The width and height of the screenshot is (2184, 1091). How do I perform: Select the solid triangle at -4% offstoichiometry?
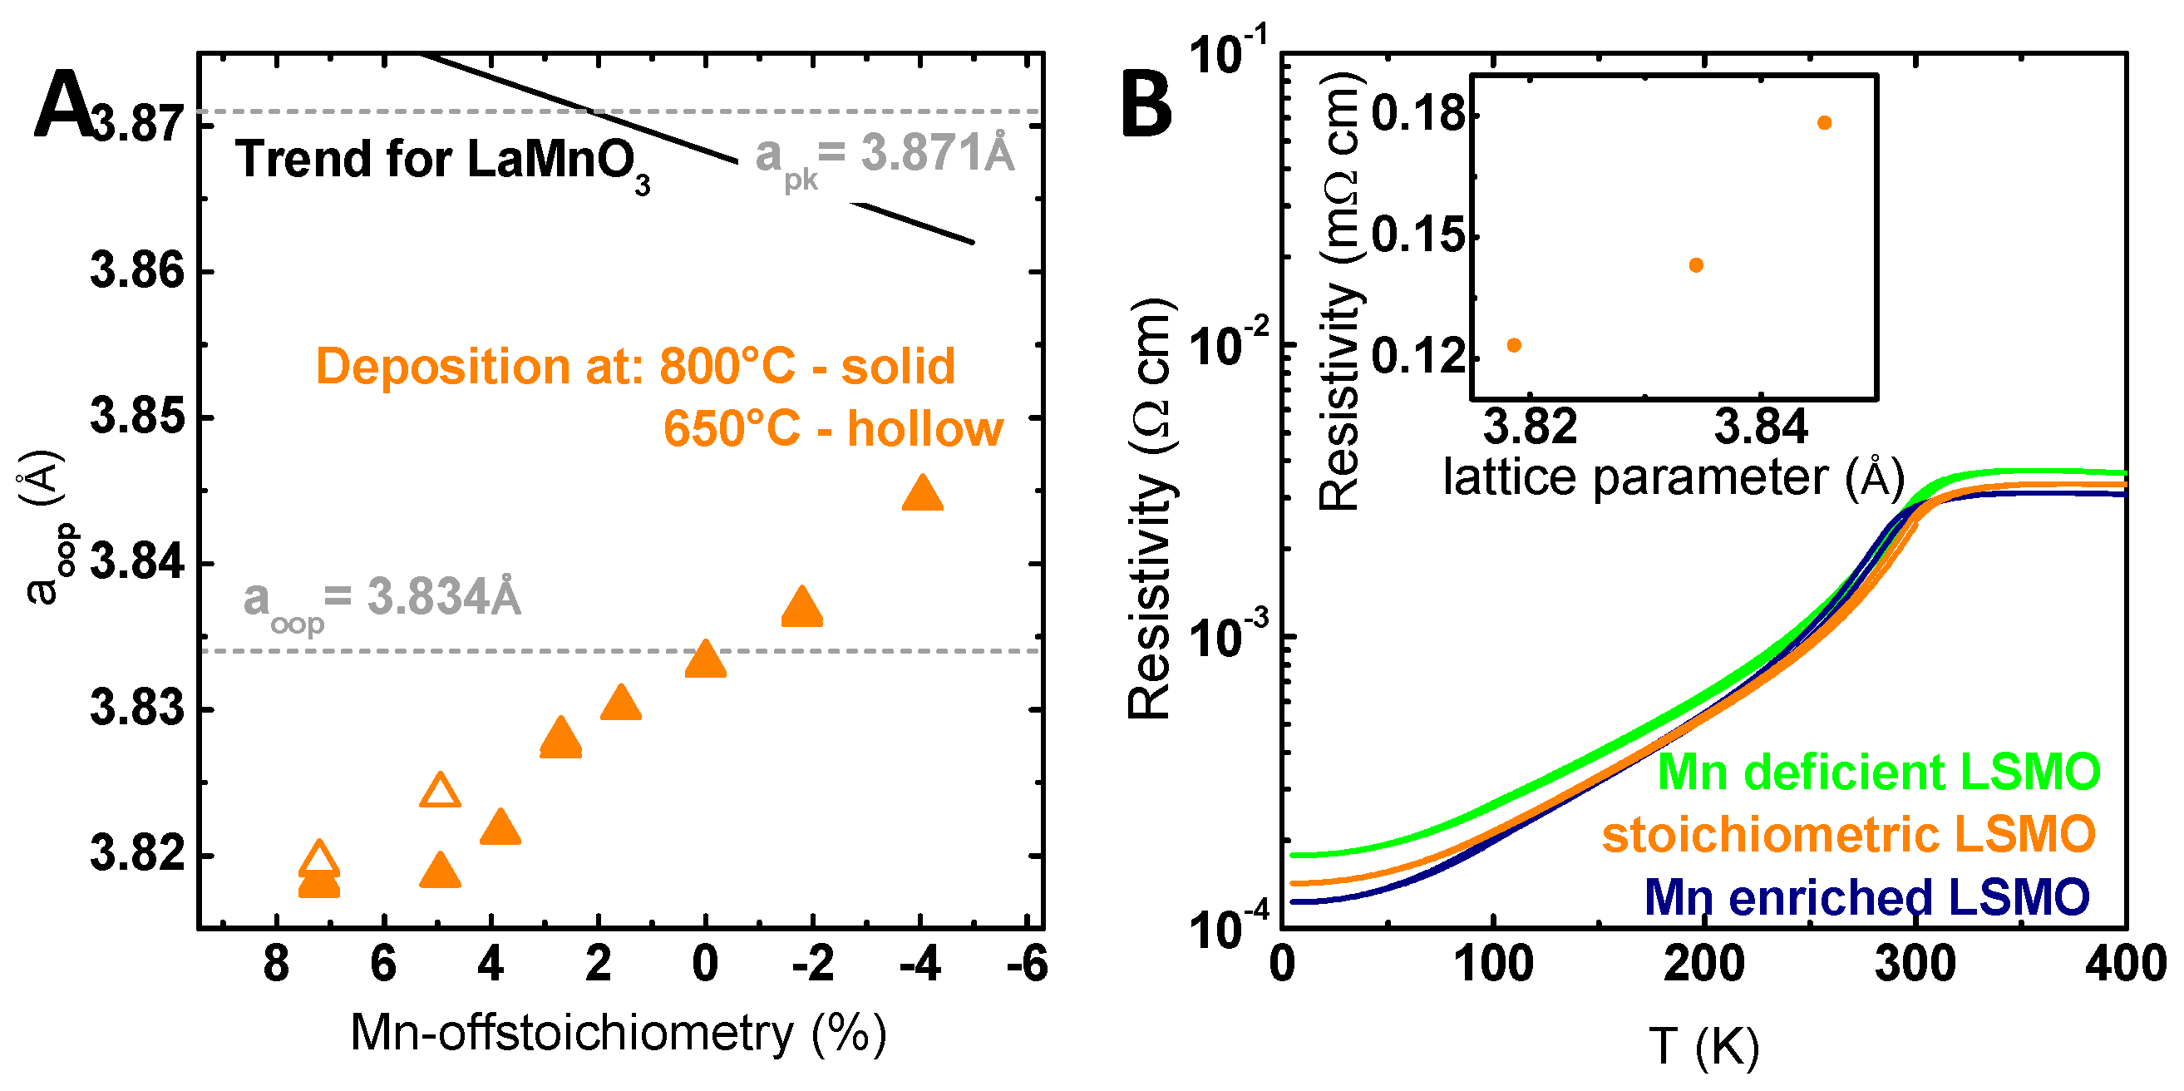(923, 494)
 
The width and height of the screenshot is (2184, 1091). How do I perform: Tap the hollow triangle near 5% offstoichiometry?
(439, 791)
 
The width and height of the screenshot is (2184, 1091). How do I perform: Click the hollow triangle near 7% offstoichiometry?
(318, 859)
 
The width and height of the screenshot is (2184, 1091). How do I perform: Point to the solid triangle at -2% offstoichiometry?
(801, 608)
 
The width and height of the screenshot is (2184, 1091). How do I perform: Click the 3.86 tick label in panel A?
(137, 271)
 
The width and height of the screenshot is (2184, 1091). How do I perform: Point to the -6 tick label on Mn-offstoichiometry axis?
(1028, 965)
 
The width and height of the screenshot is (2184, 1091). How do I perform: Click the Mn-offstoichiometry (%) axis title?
(618, 1034)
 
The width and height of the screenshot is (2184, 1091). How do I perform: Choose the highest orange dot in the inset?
(1825, 123)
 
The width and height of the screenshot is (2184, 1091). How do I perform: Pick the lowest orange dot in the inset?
(1514, 345)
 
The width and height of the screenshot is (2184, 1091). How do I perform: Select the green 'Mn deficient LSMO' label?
(1879, 773)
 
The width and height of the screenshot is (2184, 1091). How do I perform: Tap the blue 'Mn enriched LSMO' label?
(1867, 898)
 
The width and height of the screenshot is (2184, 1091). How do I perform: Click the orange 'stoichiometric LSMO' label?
(1848, 835)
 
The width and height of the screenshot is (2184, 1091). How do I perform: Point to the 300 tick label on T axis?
(1915, 965)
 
